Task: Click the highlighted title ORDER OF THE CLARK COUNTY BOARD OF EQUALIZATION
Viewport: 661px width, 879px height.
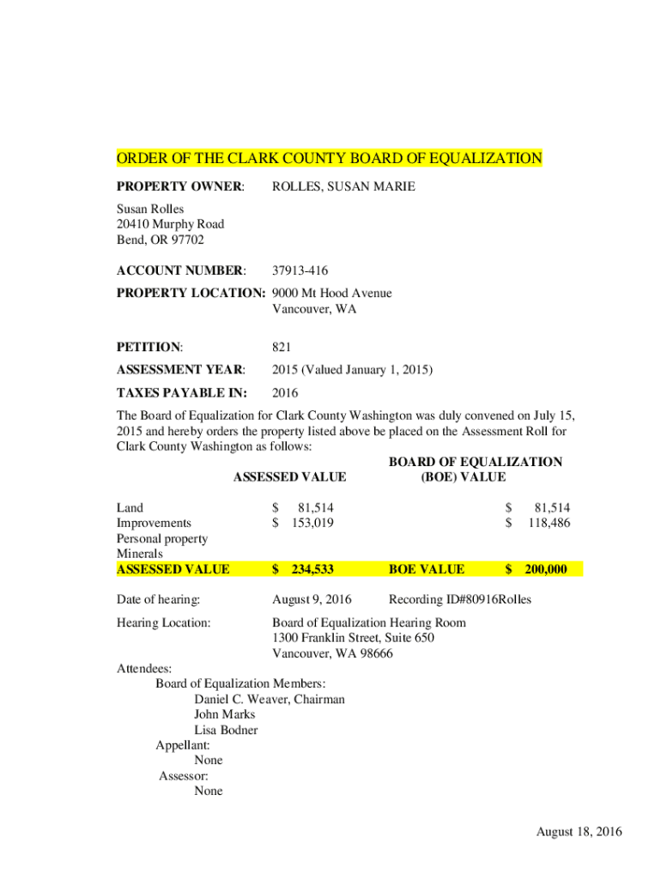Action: (329, 159)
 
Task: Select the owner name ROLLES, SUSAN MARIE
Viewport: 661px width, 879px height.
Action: (343, 186)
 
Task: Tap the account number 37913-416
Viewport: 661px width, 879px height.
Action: (300, 270)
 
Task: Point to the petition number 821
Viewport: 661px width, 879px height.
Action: (282, 348)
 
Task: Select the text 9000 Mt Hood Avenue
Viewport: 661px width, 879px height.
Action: (331, 294)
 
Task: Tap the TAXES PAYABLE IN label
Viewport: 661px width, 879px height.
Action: (181, 394)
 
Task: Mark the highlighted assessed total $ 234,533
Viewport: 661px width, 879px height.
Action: (303, 569)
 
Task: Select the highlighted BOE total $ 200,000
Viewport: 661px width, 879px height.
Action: (537, 569)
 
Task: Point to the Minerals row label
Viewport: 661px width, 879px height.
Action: (140, 554)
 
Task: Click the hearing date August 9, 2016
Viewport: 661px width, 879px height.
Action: (311, 599)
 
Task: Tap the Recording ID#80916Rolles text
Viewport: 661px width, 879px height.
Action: (460, 599)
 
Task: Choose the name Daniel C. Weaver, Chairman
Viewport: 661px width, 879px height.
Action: (270, 700)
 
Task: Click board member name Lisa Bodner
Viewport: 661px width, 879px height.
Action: (226, 730)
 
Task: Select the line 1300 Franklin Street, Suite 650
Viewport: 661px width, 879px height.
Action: (353, 638)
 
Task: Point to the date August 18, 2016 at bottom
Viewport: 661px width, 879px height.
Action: (579, 832)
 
